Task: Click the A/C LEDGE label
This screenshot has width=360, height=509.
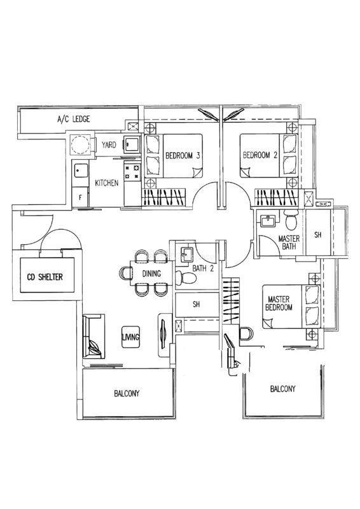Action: (x=74, y=119)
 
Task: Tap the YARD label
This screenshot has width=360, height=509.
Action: (x=108, y=145)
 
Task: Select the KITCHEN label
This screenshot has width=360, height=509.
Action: (x=106, y=183)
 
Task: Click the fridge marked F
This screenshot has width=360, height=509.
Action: (x=80, y=197)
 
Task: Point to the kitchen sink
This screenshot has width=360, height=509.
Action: (x=80, y=170)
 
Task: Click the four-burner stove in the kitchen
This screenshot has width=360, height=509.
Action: (x=132, y=171)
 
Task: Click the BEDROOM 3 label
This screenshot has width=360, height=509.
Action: (x=183, y=155)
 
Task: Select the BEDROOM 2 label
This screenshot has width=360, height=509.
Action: (x=260, y=155)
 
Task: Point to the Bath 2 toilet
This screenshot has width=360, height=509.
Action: (x=186, y=279)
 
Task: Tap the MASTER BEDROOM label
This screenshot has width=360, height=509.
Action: (x=279, y=303)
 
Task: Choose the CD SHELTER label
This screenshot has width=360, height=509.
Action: (x=45, y=277)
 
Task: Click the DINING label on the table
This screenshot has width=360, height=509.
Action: (x=151, y=274)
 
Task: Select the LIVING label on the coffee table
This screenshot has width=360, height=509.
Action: (x=130, y=337)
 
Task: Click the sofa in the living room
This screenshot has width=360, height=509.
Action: (x=93, y=337)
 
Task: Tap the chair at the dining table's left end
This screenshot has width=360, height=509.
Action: (x=126, y=273)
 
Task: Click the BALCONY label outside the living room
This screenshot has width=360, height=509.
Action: (x=127, y=393)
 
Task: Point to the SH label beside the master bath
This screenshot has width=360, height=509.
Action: (x=318, y=235)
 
